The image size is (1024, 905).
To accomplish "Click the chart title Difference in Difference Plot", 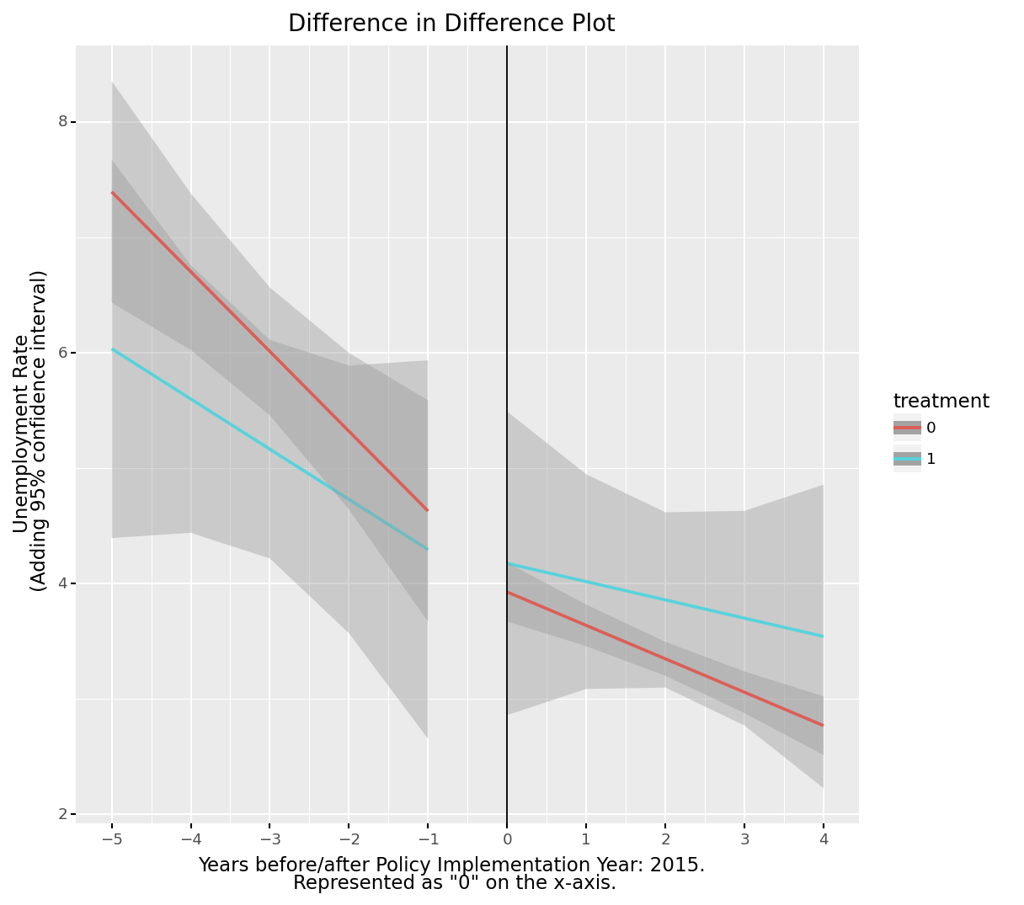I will coord(451,24).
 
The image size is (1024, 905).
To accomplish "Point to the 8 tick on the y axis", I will coord(62,121).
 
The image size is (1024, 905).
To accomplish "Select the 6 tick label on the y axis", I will coord(62,353).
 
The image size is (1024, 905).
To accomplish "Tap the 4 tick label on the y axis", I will coord(62,583).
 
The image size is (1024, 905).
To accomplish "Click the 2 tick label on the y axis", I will coord(62,814).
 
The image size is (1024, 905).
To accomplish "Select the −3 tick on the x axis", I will coord(269,839).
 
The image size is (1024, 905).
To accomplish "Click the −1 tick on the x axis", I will coord(428,839).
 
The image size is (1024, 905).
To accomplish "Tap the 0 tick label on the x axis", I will coord(507,839).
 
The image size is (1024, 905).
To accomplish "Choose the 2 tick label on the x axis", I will coord(665,839).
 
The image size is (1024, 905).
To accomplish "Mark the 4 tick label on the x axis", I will coord(824,839).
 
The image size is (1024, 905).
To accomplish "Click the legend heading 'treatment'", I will coord(941,402).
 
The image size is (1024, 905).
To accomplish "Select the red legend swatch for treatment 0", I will coord(907,428).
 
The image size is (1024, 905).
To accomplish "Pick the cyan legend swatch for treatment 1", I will coord(907,459).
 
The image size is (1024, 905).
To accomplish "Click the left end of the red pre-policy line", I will coord(112,193).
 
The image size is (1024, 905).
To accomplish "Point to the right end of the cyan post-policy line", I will coord(823,636).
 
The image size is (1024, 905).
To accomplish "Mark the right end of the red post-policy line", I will coord(823,725).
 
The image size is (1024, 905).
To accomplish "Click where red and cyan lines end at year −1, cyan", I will coord(427,549).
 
